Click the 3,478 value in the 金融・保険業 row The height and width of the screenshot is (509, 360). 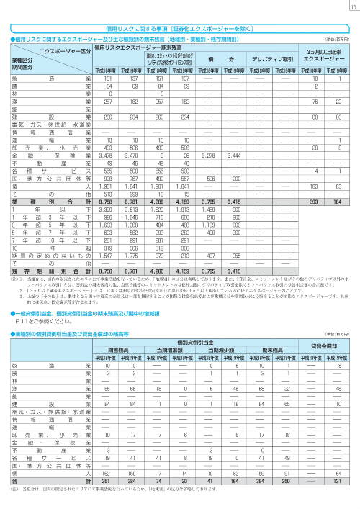(104, 155)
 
